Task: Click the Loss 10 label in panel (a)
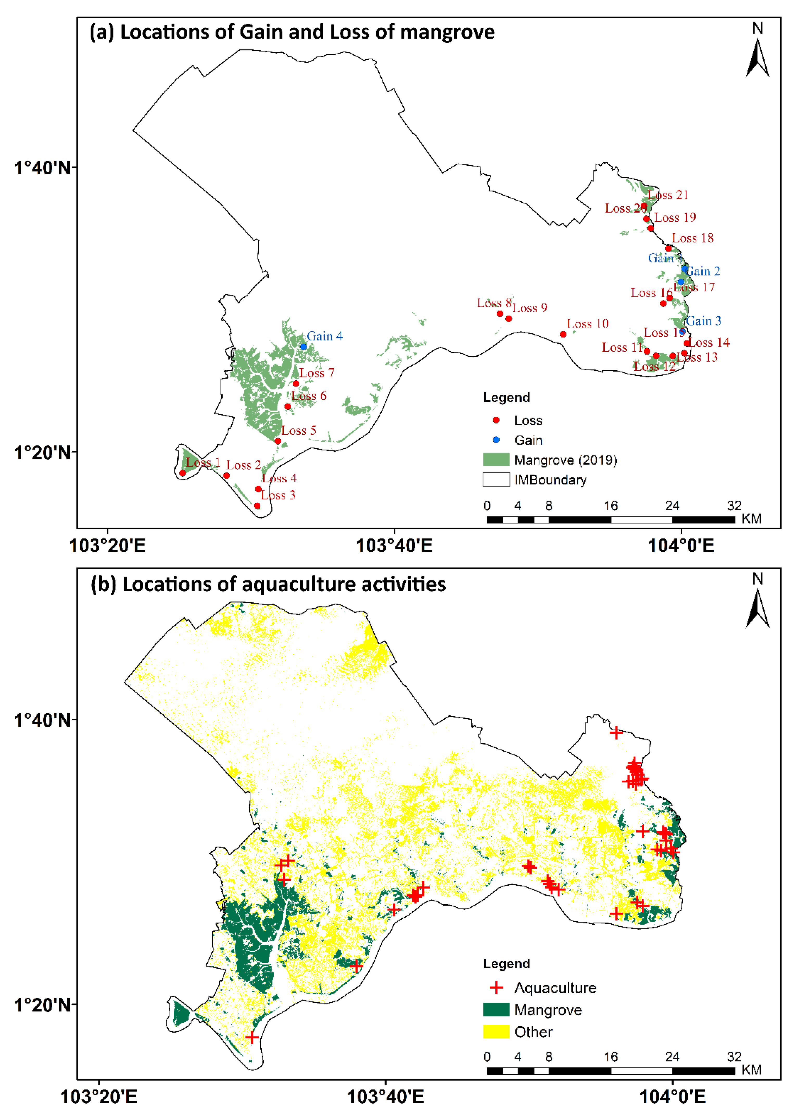587,323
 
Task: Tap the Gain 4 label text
325,336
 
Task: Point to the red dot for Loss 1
183,473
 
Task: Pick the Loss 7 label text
317,373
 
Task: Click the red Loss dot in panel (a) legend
496,420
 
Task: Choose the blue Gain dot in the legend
496,440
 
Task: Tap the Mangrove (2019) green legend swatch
496,460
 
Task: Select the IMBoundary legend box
496,480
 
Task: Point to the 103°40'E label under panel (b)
385,1097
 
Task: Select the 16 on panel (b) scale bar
610,1057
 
